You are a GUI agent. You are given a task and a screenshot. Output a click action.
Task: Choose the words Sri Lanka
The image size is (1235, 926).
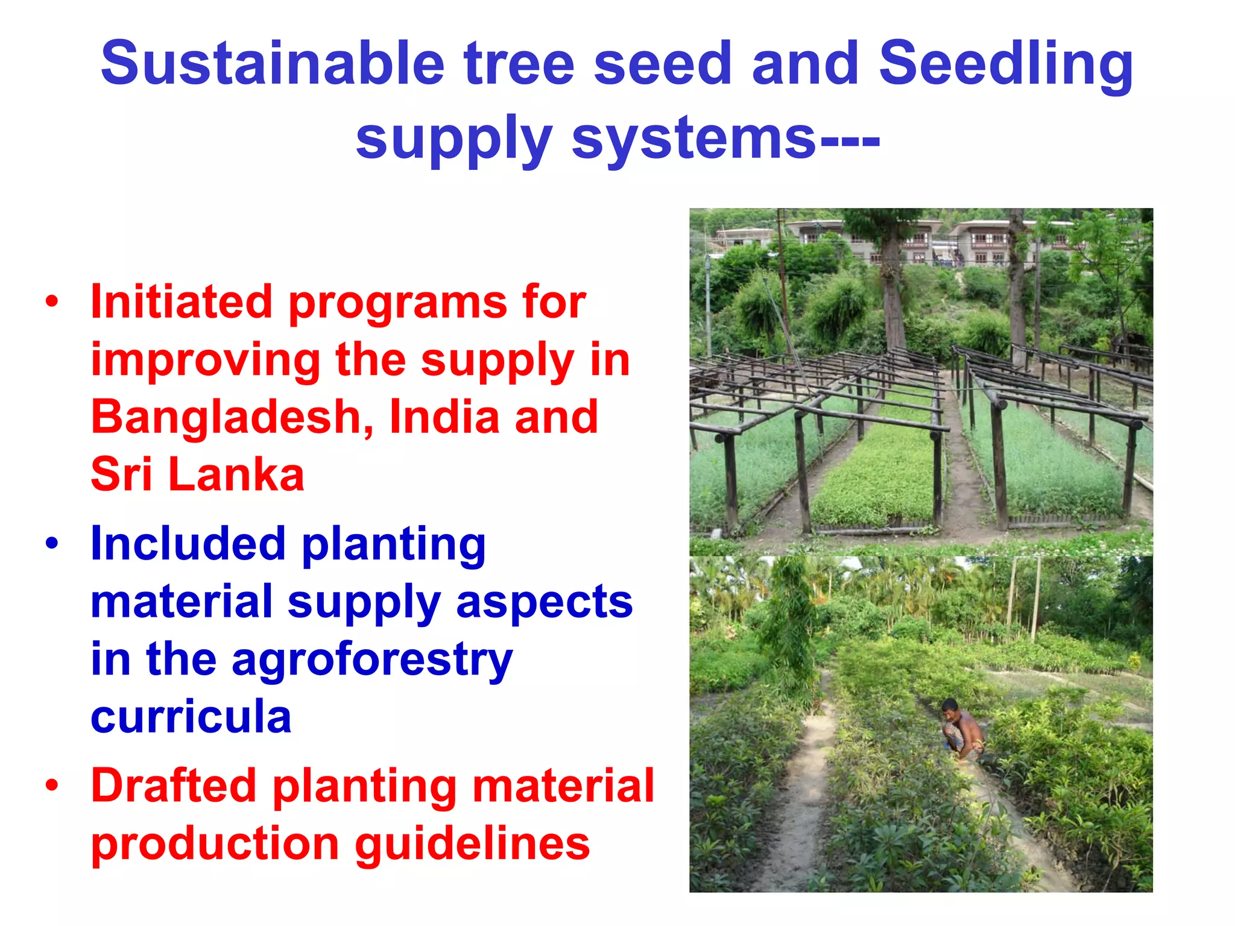click(197, 474)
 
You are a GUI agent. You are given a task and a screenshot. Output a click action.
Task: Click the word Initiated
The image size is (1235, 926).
click(181, 301)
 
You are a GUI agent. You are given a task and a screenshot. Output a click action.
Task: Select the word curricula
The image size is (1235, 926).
click(191, 716)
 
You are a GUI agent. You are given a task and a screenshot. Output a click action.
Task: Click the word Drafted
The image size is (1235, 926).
click(174, 786)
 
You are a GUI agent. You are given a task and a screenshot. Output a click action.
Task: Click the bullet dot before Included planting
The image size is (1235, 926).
click(52, 543)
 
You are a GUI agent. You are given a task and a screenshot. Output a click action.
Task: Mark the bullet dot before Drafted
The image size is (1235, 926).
click(52, 785)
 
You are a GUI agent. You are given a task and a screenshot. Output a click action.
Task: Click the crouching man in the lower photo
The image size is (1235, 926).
click(963, 731)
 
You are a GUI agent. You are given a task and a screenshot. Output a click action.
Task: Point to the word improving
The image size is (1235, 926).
click(206, 360)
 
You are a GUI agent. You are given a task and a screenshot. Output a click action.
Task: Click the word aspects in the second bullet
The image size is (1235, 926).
click(544, 602)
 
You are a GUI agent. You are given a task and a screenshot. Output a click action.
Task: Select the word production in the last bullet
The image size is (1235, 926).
click(215, 844)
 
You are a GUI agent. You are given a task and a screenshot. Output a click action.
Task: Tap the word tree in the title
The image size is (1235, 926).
click(519, 63)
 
